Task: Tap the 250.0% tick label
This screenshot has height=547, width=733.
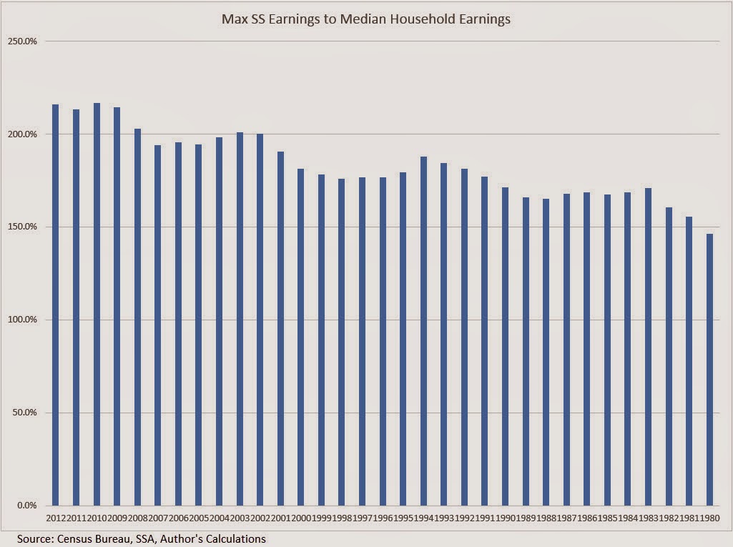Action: [x=24, y=41]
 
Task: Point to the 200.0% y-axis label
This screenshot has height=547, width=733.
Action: [x=24, y=134]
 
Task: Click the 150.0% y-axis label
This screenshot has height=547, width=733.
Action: [x=24, y=227]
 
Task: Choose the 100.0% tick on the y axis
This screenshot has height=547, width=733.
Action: [x=24, y=320]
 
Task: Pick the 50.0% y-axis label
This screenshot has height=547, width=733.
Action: [x=26, y=413]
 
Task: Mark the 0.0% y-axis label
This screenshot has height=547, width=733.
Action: [x=28, y=506]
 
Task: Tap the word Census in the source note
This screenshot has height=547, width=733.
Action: [x=74, y=538]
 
